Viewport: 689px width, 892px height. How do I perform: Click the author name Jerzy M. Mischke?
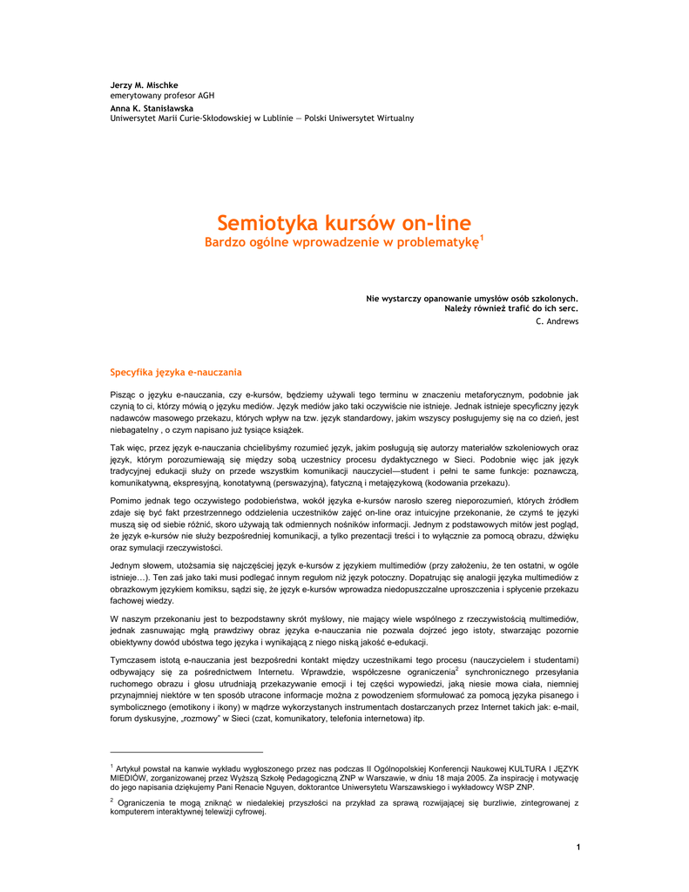click(x=144, y=84)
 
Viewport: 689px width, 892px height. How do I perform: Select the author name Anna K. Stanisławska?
click(x=152, y=107)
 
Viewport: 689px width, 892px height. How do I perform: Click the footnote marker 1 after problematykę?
click(x=482, y=237)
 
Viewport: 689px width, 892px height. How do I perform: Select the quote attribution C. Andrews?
click(x=557, y=321)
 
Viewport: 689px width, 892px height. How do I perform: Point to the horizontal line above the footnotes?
click(x=186, y=751)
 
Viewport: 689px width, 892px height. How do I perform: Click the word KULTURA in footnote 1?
click(x=528, y=767)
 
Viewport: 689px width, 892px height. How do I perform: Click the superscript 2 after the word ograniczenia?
click(x=457, y=669)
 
